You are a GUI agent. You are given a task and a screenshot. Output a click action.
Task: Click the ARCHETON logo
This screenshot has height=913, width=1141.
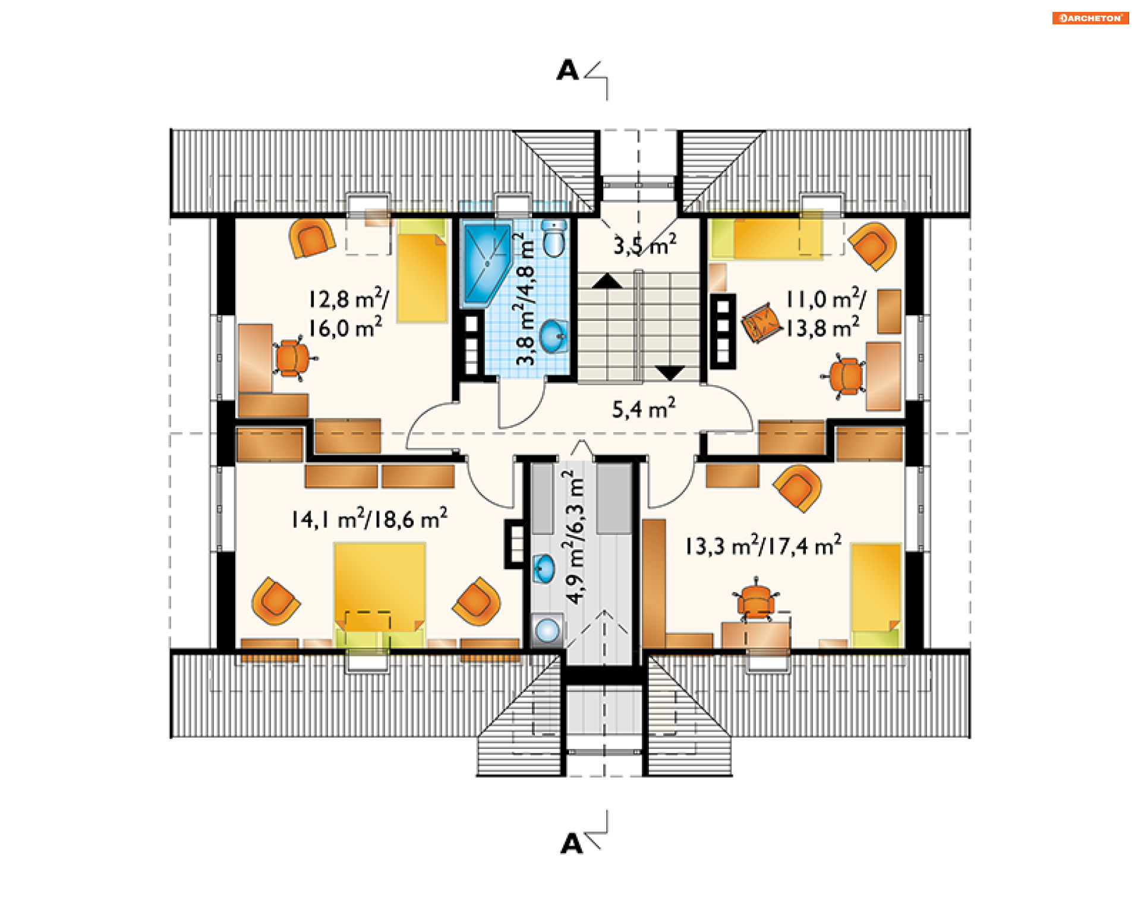click(x=1090, y=18)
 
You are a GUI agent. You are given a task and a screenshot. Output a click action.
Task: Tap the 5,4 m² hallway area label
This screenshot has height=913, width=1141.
click(x=644, y=408)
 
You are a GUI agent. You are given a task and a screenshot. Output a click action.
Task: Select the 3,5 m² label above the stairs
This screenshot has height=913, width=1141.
click(x=645, y=244)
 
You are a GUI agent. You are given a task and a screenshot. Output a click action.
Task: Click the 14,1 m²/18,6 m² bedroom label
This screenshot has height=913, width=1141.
click(x=369, y=518)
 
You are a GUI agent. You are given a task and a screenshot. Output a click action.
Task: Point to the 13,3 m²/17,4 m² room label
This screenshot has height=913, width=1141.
click(x=764, y=545)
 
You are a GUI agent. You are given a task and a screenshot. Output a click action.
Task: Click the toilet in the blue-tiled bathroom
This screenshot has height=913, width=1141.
click(x=554, y=238)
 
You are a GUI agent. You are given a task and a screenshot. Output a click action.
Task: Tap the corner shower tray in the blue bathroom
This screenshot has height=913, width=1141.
click(x=487, y=264)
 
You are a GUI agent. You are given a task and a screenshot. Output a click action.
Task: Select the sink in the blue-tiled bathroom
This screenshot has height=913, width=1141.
click(x=554, y=336)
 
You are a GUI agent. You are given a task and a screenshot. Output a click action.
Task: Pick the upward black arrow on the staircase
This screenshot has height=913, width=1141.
click(x=606, y=281)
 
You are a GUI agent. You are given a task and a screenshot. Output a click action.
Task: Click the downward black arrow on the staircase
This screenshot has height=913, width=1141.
click(x=670, y=373)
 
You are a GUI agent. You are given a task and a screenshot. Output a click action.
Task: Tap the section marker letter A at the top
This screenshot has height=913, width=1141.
click(x=568, y=70)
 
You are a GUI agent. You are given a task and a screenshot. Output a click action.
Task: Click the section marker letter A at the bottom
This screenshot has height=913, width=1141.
click(x=572, y=843)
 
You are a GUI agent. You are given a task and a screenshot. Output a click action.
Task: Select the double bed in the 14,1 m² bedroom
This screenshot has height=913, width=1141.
click(x=380, y=588)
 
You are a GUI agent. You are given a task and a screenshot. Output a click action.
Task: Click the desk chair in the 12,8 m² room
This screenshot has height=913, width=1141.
click(x=292, y=358)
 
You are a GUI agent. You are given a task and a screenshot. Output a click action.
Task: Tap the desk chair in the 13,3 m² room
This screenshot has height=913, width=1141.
click(x=755, y=600)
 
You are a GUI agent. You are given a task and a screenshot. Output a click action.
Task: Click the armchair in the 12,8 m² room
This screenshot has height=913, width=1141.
click(x=311, y=238)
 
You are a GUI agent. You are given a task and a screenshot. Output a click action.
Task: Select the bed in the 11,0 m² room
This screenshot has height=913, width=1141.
click(x=767, y=238)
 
